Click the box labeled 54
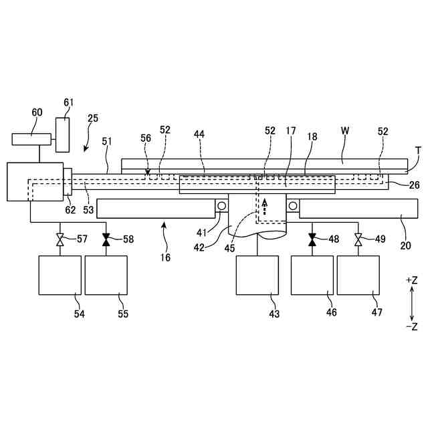[x=60, y=275]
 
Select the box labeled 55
[x=106, y=275]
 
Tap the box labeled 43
[x=257, y=275]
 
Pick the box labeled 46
[x=312, y=275]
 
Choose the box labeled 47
[x=358, y=275]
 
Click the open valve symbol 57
[x=60, y=239]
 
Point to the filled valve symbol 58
[x=106, y=239]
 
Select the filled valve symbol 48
[x=312, y=239]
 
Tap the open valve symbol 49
[x=358, y=239]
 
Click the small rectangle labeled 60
[x=32, y=139]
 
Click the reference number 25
[x=92, y=118]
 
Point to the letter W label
[x=345, y=131]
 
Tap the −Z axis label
[x=411, y=326]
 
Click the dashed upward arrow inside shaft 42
[x=264, y=206]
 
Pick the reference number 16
[x=165, y=257]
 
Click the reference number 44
[x=199, y=133]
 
